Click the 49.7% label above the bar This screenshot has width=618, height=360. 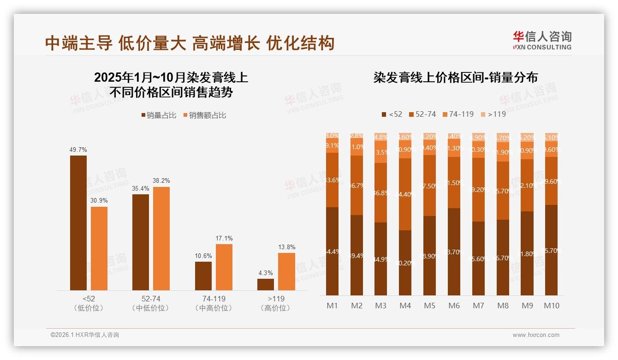click(78, 150)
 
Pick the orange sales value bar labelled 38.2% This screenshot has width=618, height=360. click(161, 238)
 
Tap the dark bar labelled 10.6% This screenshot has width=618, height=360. click(203, 276)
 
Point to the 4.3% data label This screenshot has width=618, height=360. click(265, 273)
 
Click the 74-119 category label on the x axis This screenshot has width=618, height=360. click(213, 299)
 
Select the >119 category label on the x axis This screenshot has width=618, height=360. click(275, 299)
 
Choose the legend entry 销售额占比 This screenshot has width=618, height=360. click(204, 115)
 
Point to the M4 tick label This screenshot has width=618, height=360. click(405, 306)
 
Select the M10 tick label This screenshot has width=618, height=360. click(552, 306)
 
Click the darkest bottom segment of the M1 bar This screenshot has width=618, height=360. click(332, 251)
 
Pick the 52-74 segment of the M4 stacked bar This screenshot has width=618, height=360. click(405, 194)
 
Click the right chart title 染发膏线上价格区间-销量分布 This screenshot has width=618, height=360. click(455, 78)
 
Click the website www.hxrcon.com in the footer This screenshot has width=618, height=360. click(535, 335)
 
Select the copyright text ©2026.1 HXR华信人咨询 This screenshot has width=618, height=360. click(84, 335)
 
